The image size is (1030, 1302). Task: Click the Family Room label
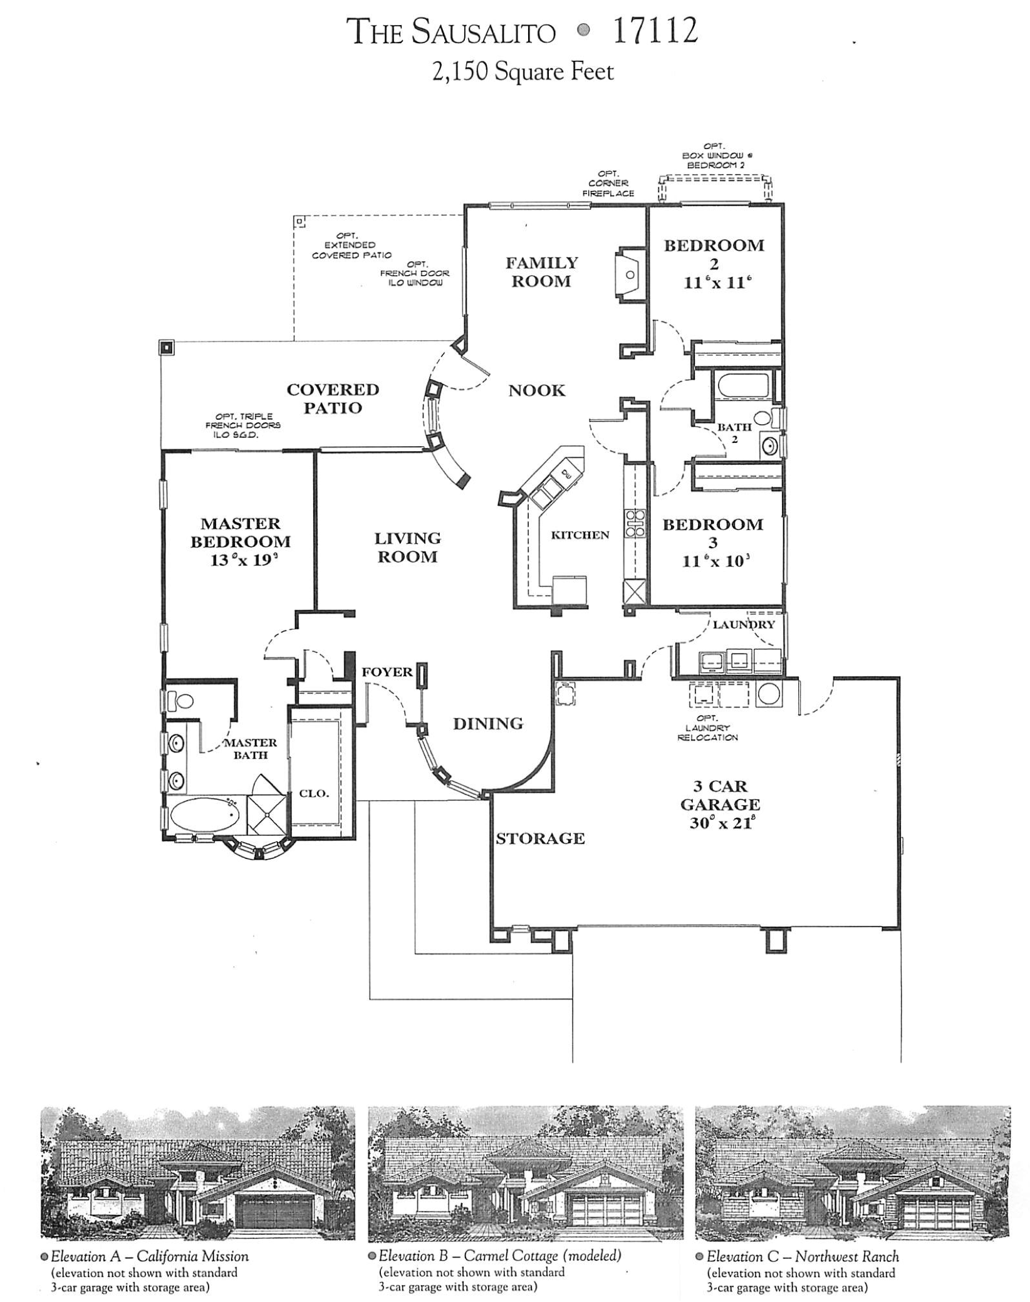click(x=541, y=272)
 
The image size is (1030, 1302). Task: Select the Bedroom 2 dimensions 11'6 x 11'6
click(x=717, y=283)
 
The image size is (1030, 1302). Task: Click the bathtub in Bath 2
click(x=744, y=385)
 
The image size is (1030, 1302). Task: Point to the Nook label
click(x=536, y=391)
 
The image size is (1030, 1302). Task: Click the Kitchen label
click(x=580, y=535)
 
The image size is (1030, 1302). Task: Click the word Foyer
click(x=387, y=672)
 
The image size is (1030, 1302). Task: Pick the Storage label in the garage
click(x=540, y=839)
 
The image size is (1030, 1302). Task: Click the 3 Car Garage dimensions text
click(x=720, y=823)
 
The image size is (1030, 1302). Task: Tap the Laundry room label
click(x=744, y=625)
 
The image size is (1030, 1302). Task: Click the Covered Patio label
click(x=333, y=398)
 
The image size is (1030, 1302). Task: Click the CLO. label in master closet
click(x=314, y=793)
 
